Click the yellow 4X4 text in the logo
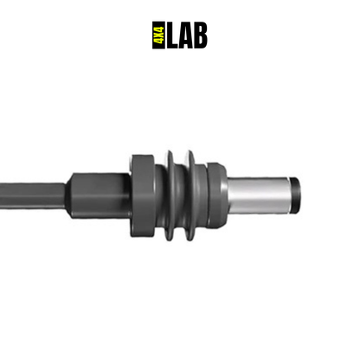[159, 35]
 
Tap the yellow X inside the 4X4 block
[159, 35]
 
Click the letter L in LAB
[173, 35]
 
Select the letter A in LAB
[186, 35]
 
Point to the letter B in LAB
[201, 35]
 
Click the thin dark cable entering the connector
[32, 196]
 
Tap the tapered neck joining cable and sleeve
[68, 196]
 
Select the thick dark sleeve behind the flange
[101, 196]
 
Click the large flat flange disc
[142, 196]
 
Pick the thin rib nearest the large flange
[170, 196]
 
